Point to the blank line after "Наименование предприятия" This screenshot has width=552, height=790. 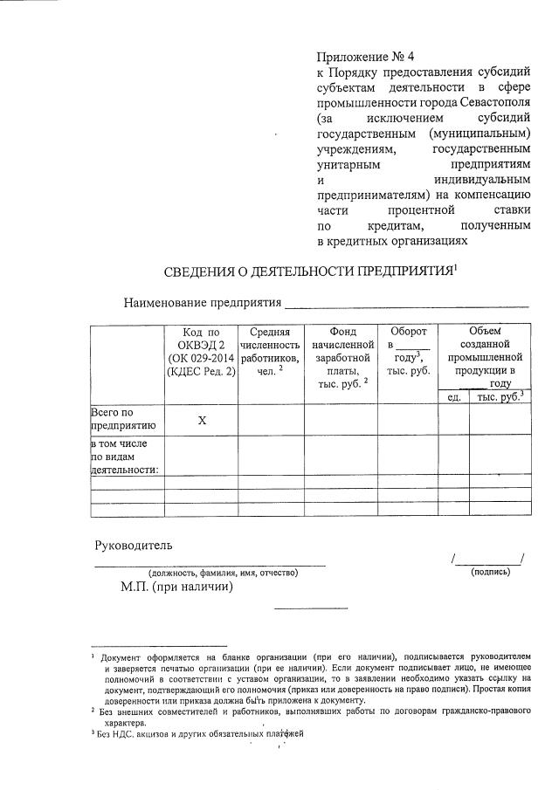pos(407,305)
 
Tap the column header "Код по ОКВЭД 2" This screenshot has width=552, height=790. pos(201,352)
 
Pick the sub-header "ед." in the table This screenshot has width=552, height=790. pos(453,398)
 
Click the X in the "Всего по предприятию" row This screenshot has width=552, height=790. pos(201,421)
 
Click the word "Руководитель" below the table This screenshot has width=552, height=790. pos(134,546)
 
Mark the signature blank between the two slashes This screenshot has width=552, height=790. pos(487,559)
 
